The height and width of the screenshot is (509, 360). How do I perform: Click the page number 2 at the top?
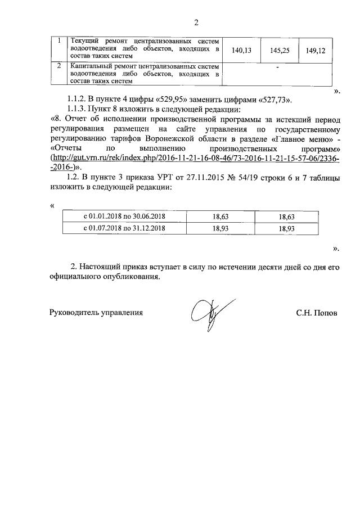tap(196, 23)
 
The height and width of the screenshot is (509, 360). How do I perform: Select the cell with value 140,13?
tap(241, 51)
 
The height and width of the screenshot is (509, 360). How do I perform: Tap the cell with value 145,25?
tap(279, 51)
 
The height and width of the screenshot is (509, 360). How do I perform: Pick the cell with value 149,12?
tap(316, 51)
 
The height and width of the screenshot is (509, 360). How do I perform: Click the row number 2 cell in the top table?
tap(59, 66)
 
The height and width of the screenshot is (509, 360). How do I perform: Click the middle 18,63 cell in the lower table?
tap(220, 216)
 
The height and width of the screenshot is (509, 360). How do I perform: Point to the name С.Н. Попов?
tap(317, 312)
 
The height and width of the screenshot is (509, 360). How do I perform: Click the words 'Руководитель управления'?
tap(96, 312)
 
